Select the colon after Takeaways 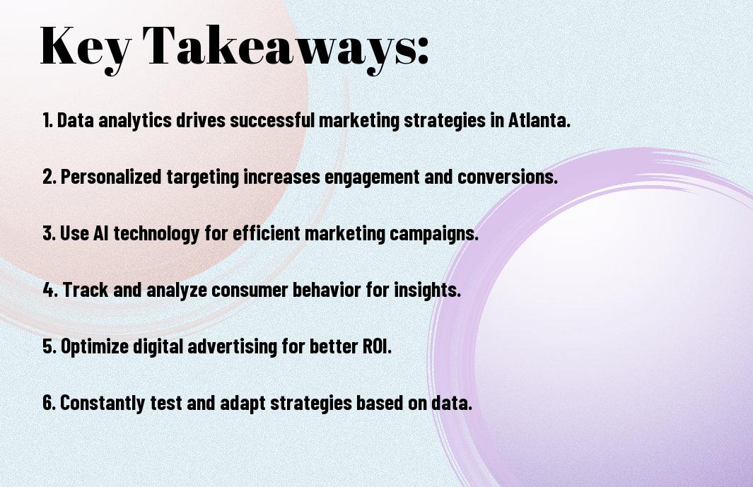(422, 50)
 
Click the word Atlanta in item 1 (539, 119)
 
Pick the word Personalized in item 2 (111, 176)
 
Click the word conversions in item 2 (507, 176)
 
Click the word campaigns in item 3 (433, 234)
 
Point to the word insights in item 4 (427, 290)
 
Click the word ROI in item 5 (376, 346)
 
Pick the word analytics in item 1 (135, 121)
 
